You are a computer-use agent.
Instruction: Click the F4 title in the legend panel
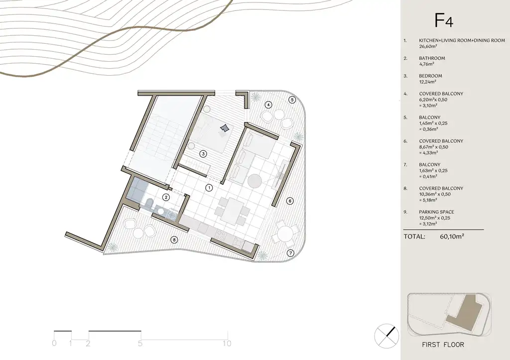click(x=444, y=20)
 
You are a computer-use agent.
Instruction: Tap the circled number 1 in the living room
click(x=209, y=188)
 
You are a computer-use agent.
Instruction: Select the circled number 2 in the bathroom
click(x=166, y=197)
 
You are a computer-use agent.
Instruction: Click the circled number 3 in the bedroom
click(x=203, y=154)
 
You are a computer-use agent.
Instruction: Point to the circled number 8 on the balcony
click(x=174, y=240)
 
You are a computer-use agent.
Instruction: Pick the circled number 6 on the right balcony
click(x=290, y=201)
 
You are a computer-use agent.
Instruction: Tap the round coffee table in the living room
click(x=255, y=180)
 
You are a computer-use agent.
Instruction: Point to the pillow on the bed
click(x=224, y=128)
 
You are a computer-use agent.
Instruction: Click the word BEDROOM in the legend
click(x=430, y=76)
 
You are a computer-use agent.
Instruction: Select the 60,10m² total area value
click(x=452, y=237)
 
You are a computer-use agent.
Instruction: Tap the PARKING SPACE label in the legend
click(x=436, y=212)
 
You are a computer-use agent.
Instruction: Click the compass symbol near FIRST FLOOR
click(x=386, y=336)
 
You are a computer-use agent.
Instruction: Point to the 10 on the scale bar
click(x=227, y=344)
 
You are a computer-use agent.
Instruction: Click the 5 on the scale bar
click(x=140, y=344)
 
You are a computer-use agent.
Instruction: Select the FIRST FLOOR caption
click(x=443, y=345)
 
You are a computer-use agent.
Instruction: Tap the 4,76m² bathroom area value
click(x=426, y=64)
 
